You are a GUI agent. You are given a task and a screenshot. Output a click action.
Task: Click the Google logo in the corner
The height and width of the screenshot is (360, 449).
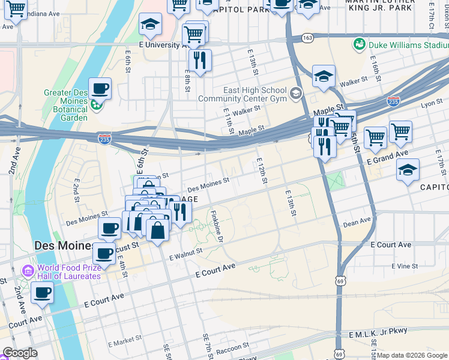click(20, 353)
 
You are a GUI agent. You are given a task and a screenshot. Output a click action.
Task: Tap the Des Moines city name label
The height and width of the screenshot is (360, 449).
click(63, 246)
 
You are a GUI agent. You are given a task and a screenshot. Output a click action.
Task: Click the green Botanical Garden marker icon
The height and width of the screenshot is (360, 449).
click(95, 106)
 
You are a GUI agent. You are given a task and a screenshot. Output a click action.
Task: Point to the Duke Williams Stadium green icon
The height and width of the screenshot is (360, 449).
click(360, 44)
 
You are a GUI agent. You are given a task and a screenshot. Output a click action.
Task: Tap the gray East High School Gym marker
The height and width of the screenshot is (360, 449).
click(295, 94)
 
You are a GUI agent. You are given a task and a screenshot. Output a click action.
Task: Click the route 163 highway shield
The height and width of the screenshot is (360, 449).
click(307, 37)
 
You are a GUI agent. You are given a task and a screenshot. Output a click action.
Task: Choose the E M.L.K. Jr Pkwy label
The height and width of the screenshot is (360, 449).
click(377, 332)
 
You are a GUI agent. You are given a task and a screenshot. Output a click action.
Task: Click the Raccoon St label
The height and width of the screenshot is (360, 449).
click(232, 348)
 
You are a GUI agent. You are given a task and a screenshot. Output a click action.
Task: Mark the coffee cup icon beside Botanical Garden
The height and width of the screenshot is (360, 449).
click(100, 89)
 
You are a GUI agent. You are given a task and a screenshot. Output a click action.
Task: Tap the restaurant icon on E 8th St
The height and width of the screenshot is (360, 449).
click(199, 60)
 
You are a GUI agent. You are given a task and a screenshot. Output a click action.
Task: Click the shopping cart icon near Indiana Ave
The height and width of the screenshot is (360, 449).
click(15, 9)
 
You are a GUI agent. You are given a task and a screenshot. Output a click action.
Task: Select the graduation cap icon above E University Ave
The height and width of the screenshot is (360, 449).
click(150, 25)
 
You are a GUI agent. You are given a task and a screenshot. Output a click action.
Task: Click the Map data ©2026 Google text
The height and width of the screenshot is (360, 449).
click(412, 355)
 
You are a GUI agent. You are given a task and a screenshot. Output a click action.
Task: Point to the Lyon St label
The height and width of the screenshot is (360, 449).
click(431, 104)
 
